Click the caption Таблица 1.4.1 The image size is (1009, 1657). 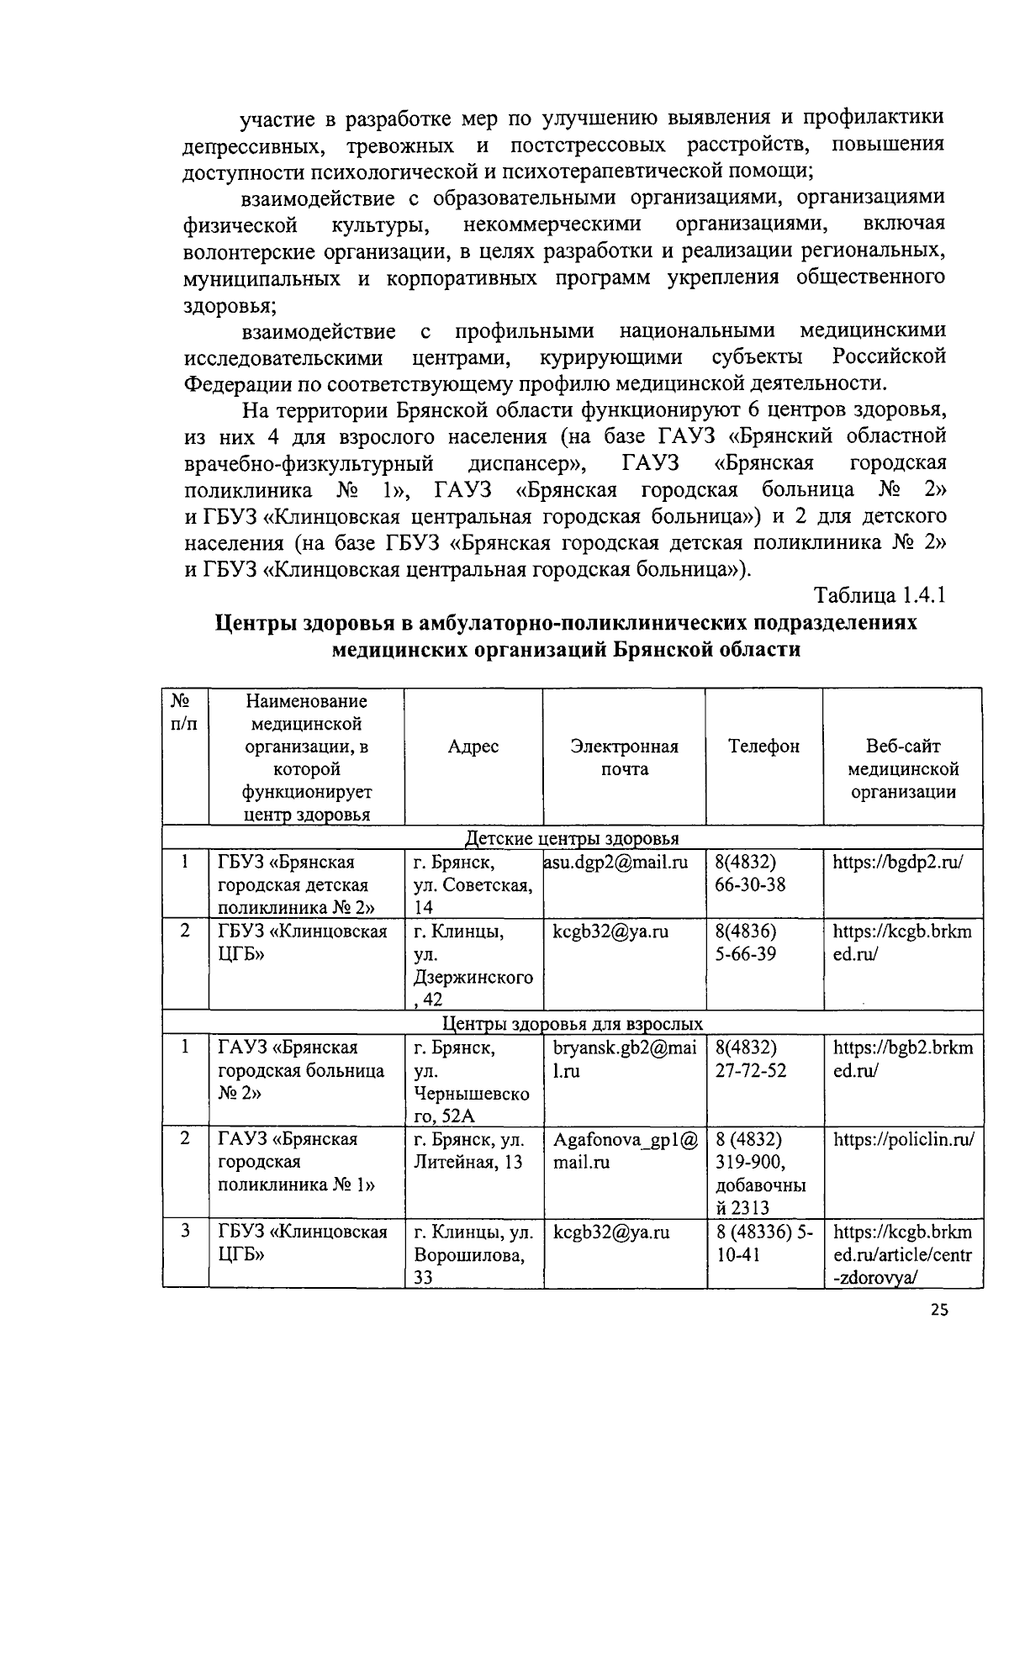click(880, 595)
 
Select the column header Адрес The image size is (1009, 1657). click(473, 747)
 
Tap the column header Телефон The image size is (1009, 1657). click(763, 747)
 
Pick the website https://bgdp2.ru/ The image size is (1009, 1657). click(897, 862)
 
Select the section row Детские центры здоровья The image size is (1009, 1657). click(572, 838)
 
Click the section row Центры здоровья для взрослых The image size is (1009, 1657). click(572, 1024)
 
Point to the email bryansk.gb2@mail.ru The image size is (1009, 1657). click(623, 1059)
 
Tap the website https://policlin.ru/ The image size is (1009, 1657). click(903, 1140)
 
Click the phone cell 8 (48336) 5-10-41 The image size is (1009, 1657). click(763, 1243)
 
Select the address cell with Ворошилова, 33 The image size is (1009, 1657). click(473, 1255)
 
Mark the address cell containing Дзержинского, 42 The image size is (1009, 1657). click(473, 966)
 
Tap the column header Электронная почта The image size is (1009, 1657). click(624, 757)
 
